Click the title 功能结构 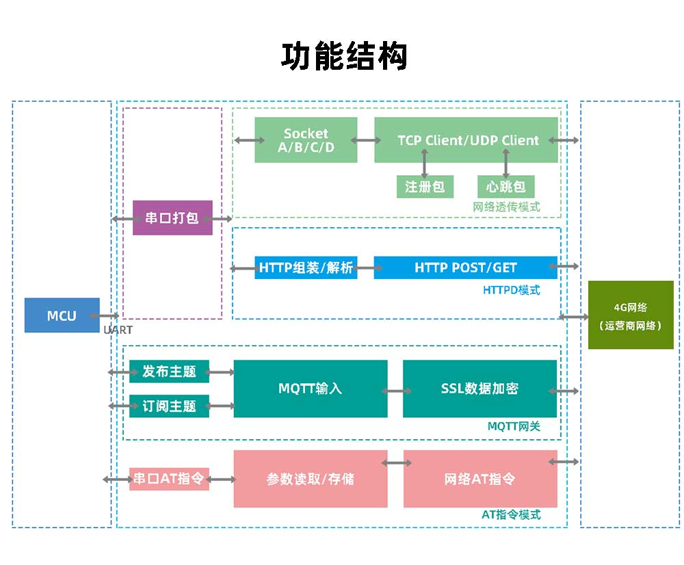click(x=344, y=56)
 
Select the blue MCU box click(x=62, y=315)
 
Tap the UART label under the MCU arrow click(x=118, y=330)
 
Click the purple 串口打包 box click(x=172, y=218)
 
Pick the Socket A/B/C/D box click(x=306, y=140)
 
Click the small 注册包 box click(x=425, y=186)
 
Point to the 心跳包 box click(x=505, y=186)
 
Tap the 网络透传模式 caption click(x=506, y=207)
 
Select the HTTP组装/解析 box click(x=306, y=267)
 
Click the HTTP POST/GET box click(x=466, y=267)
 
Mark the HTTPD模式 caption click(x=511, y=290)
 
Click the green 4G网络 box click(x=631, y=315)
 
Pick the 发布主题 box click(x=169, y=371)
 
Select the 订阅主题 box click(x=169, y=406)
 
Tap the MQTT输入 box click(x=311, y=389)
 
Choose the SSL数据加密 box click(x=479, y=389)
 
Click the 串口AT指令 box click(x=169, y=479)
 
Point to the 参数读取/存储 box click(x=311, y=479)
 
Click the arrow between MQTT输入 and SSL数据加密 click(x=395, y=391)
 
